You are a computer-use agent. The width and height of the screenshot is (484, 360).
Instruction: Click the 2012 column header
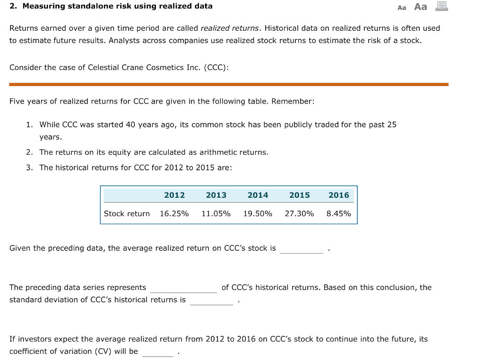tap(174, 195)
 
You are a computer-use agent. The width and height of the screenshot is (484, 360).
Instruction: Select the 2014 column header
tap(258, 195)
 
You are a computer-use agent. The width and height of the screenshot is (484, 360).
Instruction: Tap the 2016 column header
tap(338, 195)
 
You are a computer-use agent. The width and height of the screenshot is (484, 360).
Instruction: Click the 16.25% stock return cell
tap(174, 214)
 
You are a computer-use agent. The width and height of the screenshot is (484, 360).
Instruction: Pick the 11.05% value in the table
tap(216, 214)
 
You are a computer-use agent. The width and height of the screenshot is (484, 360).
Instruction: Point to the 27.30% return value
tap(299, 214)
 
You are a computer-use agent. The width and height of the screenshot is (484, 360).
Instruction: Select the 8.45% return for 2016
tap(338, 214)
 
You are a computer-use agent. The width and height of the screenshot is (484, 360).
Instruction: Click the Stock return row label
tap(127, 214)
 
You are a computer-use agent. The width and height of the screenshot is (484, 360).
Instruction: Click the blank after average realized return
tap(302, 249)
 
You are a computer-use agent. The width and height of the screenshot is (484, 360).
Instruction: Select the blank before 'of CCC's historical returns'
tap(183, 288)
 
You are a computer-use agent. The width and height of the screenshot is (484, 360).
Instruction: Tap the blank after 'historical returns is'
tap(211, 300)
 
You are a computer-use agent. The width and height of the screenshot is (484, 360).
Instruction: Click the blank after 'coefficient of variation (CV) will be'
tap(157, 352)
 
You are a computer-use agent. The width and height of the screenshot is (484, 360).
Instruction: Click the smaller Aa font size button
tap(402, 8)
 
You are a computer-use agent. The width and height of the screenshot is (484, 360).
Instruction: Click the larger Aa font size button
tap(420, 7)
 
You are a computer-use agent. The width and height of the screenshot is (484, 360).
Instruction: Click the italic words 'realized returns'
tap(229, 28)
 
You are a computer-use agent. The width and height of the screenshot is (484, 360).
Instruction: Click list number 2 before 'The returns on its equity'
tap(29, 152)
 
